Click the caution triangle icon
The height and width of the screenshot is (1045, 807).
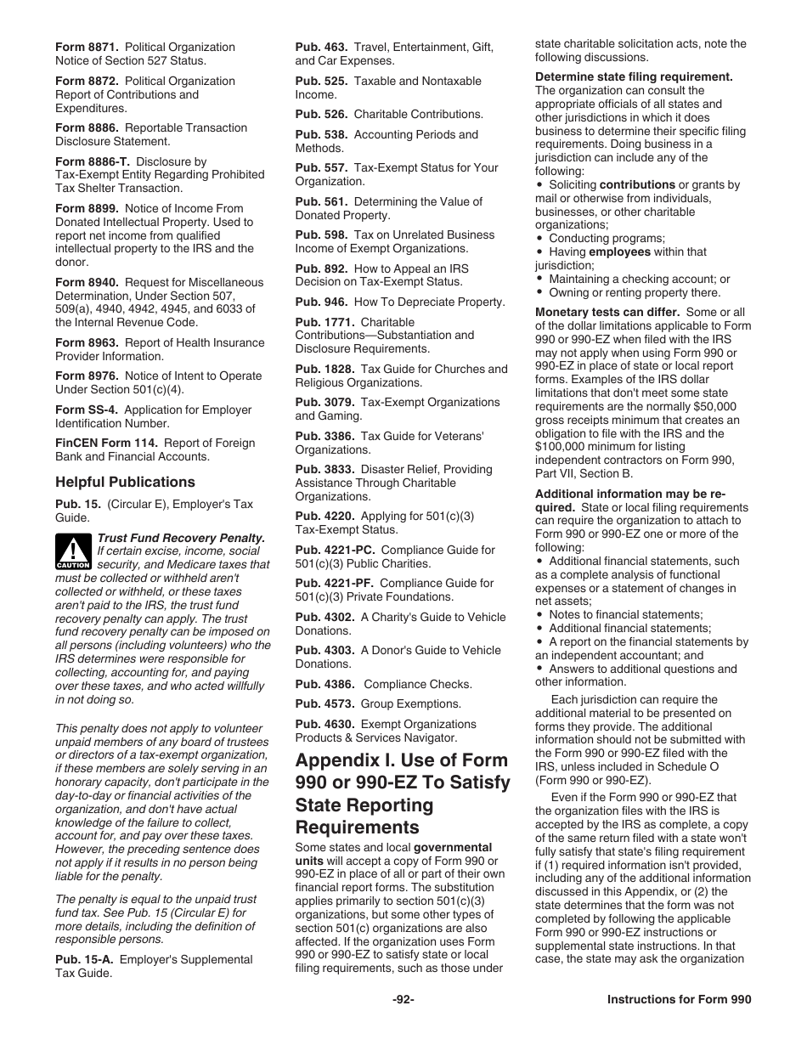(73, 551)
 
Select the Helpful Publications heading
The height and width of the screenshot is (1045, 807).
(125, 482)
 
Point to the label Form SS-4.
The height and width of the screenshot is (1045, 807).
(83, 410)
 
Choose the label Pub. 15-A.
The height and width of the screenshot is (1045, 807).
(84, 959)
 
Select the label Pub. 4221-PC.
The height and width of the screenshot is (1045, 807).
(335, 550)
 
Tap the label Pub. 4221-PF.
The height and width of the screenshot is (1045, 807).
(334, 583)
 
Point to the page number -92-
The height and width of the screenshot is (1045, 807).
(403, 1000)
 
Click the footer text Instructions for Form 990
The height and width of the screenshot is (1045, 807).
(679, 1000)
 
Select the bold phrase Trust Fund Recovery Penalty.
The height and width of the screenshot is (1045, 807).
(182, 538)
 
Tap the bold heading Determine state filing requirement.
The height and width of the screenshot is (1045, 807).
(634, 77)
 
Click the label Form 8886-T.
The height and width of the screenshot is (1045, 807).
(93, 161)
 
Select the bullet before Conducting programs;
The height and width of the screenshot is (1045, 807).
(539, 239)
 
